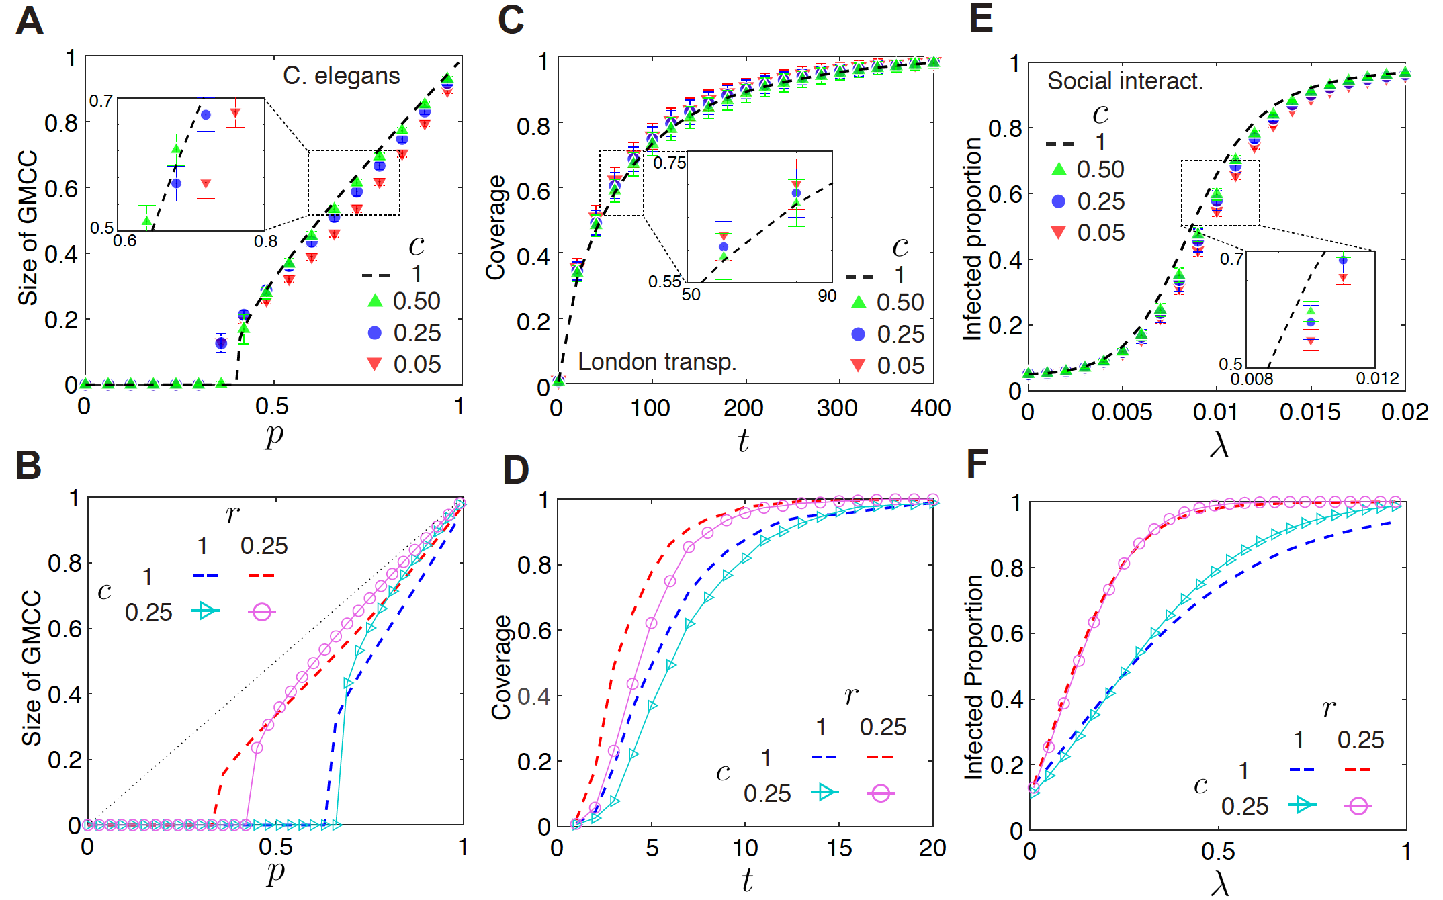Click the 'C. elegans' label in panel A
tap(341, 76)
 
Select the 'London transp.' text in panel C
tap(656, 362)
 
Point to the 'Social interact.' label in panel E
tap(1125, 81)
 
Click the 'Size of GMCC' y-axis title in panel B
tap(32, 668)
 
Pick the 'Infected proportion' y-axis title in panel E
tap(972, 238)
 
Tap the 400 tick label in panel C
tap(930, 408)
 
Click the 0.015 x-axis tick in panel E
tap(1309, 412)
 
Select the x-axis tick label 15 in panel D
tap(838, 848)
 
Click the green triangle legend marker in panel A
tap(375, 301)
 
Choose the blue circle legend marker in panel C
tap(858, 334)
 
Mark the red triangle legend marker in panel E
tap(1058, 232)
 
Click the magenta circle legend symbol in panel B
tap(261, 612)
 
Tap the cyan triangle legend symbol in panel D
tap(824, 793)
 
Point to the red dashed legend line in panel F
tap(1358, 770)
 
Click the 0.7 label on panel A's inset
tap(101, 101)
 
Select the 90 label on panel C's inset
tap(827, 296)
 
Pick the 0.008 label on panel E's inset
tap(1252, 379)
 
